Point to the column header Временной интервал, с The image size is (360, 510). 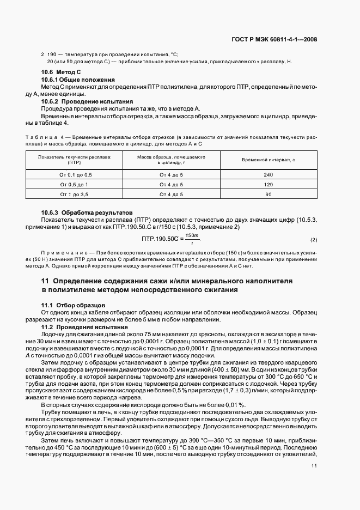tap(268, 160)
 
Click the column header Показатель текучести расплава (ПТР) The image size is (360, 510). tap(74, 160)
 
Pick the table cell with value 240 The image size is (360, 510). tap(268, 174)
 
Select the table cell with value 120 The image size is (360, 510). tap(268, 184)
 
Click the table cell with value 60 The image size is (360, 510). tap(268, 194)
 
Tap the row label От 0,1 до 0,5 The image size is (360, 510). tap(74, 174)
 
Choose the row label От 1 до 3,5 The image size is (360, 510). tap(74, 194)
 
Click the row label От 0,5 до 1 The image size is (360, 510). tap(74, 184)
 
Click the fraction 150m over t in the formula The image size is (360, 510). tap(192, 239)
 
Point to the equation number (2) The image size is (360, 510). tap(314, 240)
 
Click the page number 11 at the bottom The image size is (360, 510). tap(314, 466)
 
